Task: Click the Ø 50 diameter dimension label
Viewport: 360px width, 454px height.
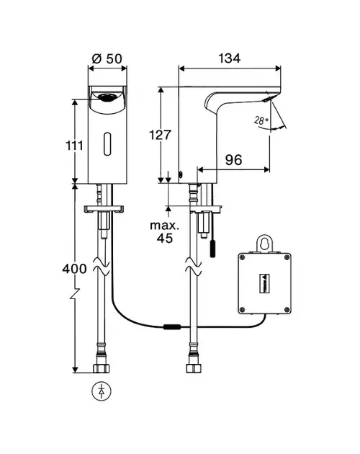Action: coord(107,59)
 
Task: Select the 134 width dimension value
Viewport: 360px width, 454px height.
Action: coord(229,58)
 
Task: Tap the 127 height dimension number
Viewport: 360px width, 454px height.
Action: coord(160,135)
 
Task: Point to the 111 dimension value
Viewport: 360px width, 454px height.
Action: coord(75,146)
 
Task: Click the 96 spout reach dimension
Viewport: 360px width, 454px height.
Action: coord(233,159)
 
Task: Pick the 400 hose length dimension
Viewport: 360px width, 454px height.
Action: coord(74,269)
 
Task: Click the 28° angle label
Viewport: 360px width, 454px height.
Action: coord(261,120)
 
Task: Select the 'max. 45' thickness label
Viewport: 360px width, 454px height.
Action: coord(165,231)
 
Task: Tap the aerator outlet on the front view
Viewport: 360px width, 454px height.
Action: coord(107,97)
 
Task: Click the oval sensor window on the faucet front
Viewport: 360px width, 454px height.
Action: coord(107,144)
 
